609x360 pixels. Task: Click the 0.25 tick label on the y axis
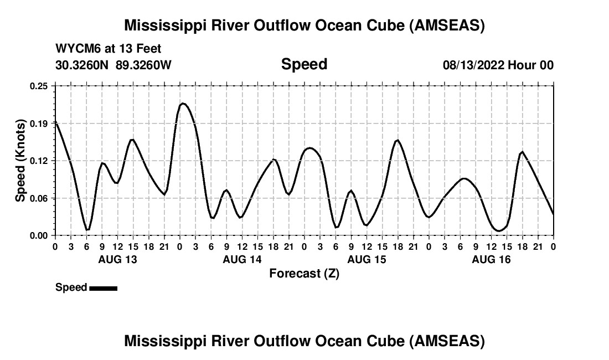pos(39,86)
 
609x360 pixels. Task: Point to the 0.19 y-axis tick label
pos(39,123)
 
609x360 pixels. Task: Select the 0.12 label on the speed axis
pos(39,161)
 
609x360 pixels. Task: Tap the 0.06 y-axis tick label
pos(39,198)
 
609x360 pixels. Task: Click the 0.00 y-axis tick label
pos(39,235)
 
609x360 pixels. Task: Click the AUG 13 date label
pos(117,259)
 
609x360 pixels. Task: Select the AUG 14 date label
pos(242,259)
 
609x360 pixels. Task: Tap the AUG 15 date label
pos(367,259)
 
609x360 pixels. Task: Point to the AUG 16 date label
pos(491,259)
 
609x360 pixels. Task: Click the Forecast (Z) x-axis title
pos(304,274)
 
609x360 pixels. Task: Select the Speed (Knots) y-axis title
pos(20,160)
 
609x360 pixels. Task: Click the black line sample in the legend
pos(103,288)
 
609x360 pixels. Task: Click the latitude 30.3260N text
pos(82,65)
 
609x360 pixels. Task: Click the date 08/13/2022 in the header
pos(474,65)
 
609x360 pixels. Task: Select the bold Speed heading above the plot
pos(304,64)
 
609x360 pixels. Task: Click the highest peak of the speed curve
pos(183,104)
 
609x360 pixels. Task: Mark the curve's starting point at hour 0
pos(55,121)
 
